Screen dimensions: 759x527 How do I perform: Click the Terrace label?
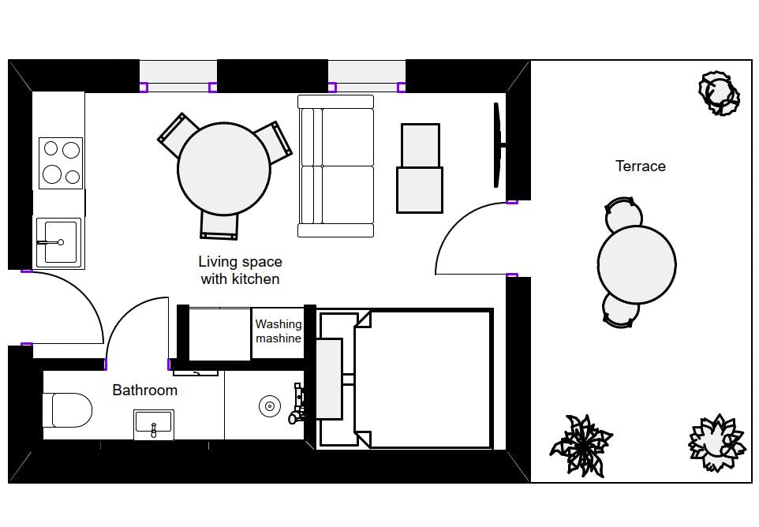coord(641,166)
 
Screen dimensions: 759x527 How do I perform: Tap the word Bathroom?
coord(144,390)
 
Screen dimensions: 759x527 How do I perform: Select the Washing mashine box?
coord(278,334)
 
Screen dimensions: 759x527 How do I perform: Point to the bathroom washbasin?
coord(153,425)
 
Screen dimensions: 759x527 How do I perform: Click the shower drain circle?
coord(270,406)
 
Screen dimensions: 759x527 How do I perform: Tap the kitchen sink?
coord(58,242)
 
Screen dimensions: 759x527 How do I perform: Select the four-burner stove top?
coord(61,163)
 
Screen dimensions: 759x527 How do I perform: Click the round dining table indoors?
coord(224,168)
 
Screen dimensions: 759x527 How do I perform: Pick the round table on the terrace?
coord(637,264)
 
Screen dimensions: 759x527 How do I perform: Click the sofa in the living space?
coord(336,166)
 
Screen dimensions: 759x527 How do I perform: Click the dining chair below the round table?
coord(219,226)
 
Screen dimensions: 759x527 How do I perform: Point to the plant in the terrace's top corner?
coord(720,93)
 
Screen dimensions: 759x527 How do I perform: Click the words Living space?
coord(240,262)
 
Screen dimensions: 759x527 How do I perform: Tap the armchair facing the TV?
coord(420,168)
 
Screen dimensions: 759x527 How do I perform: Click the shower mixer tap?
coord(297,403)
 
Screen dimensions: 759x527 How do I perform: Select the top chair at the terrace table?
coord(623,214)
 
